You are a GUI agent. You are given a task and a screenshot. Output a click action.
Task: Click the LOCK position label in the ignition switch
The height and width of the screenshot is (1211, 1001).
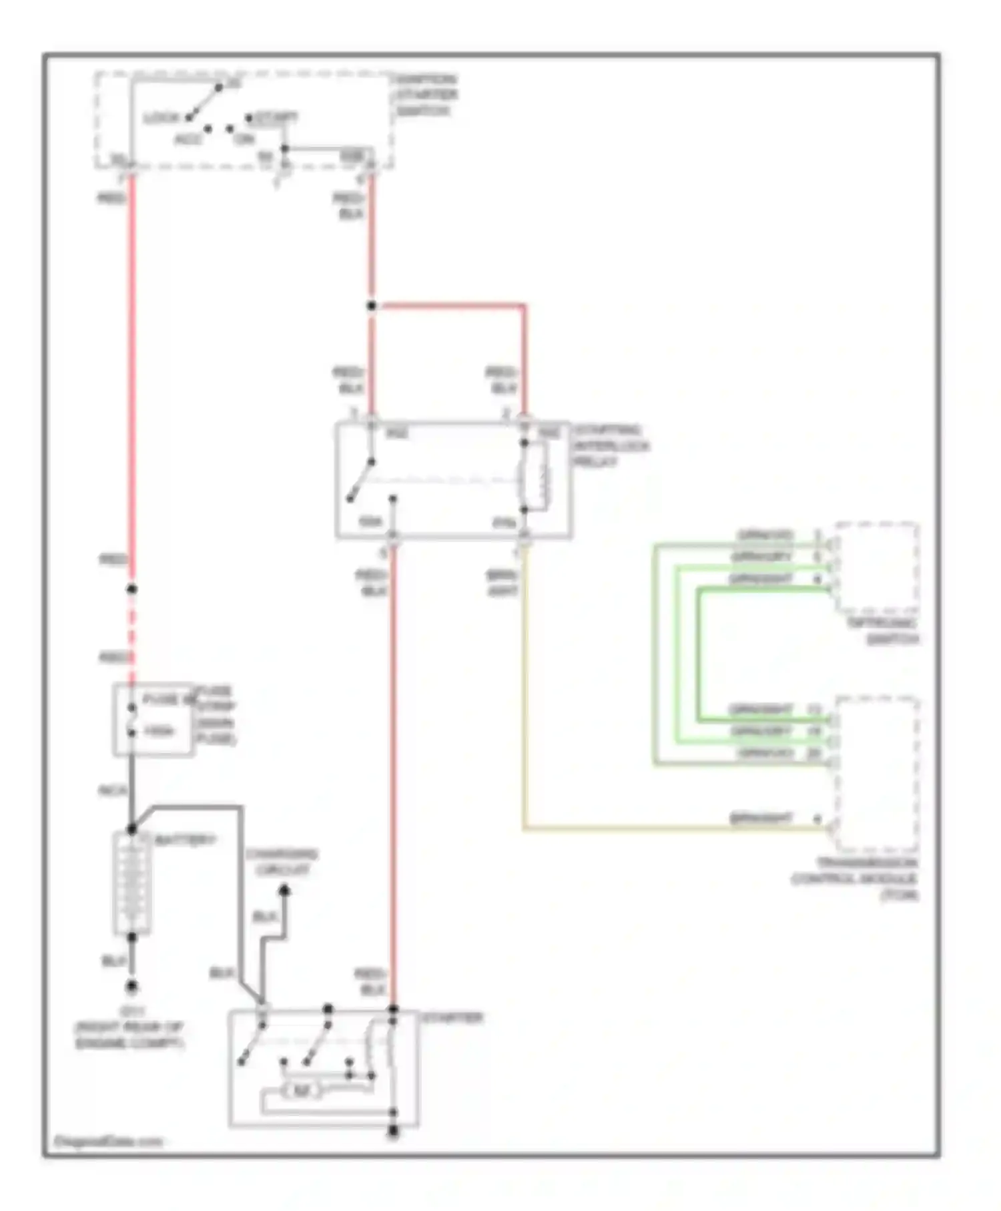pyautogui.click(x=161, y=118)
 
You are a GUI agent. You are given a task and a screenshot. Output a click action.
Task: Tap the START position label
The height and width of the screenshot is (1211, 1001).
pyautogui.click(x=274, y=117)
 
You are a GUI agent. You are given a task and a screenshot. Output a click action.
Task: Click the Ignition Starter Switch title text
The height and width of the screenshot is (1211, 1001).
pyautogui.click(x=426, y=95)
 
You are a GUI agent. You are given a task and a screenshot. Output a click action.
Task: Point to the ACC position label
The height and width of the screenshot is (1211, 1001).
pyautogui.click(x=188, y=140)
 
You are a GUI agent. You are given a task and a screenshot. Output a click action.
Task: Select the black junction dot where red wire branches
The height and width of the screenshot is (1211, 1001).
pyautogui.click(x=372, y=306)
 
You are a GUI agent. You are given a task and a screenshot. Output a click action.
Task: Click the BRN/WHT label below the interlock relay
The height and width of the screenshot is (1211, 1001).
pyautogui.click(x=502, y=582)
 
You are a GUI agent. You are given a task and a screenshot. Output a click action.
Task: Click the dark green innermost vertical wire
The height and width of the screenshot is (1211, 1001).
pyautogui.click(x=699, y=654)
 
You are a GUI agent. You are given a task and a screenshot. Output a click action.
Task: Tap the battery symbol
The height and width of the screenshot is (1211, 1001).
pyautogui.click(x=132, y=883)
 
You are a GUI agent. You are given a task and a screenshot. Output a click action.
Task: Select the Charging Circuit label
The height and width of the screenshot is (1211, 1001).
pyautogui.click(x=281, y=862)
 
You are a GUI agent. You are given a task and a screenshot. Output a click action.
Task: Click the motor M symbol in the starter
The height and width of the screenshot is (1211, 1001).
pyautogui.click(x=301, y=1091)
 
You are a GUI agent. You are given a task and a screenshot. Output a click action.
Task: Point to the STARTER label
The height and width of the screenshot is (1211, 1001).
pyautogui.click(x=452, y=1018)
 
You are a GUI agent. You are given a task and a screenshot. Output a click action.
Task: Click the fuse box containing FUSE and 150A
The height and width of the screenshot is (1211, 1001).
pyautogui.click(x=154, y=720)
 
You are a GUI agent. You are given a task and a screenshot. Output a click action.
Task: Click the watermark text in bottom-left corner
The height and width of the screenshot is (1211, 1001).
pyautogui.click(x=107, y=1142)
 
